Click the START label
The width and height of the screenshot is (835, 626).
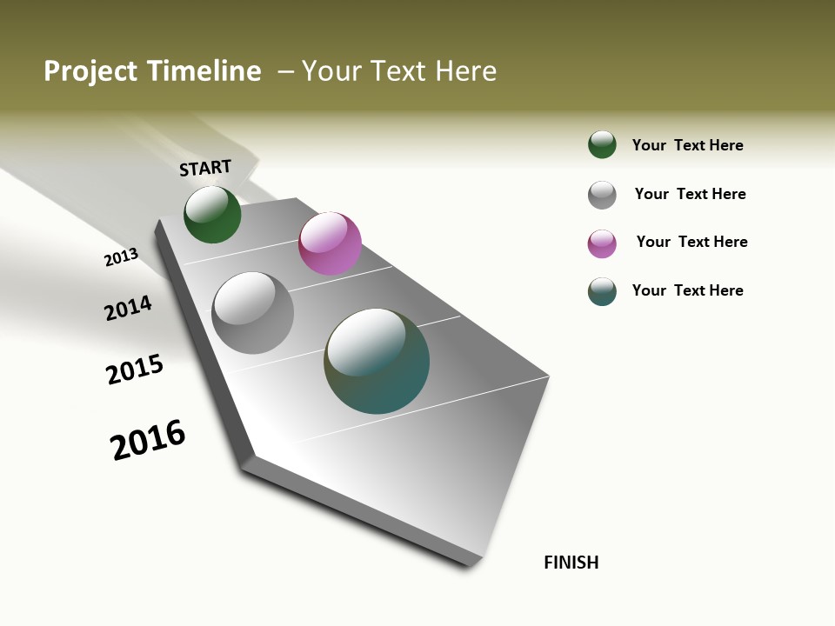205,168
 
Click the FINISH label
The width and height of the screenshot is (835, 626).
571,563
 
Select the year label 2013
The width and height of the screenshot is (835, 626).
121,257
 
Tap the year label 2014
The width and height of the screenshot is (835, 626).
128,308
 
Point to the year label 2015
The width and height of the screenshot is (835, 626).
135,370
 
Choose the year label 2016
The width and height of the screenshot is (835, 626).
148,439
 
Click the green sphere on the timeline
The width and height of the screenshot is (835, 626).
212,214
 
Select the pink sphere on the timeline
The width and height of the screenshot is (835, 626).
330,243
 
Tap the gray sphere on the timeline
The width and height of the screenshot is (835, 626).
252,313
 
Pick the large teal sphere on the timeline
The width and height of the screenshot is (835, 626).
377,361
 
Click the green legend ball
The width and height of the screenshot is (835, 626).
602,144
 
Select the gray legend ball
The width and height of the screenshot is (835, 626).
602,195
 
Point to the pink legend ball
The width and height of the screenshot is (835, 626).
602,243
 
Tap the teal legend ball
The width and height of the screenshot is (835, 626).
602,291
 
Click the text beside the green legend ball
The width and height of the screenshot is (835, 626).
687,145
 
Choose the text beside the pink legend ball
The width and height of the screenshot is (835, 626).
691,242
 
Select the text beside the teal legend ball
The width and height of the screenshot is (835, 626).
687,290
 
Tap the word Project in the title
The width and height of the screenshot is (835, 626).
89,71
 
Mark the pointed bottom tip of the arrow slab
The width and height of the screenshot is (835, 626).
473,565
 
